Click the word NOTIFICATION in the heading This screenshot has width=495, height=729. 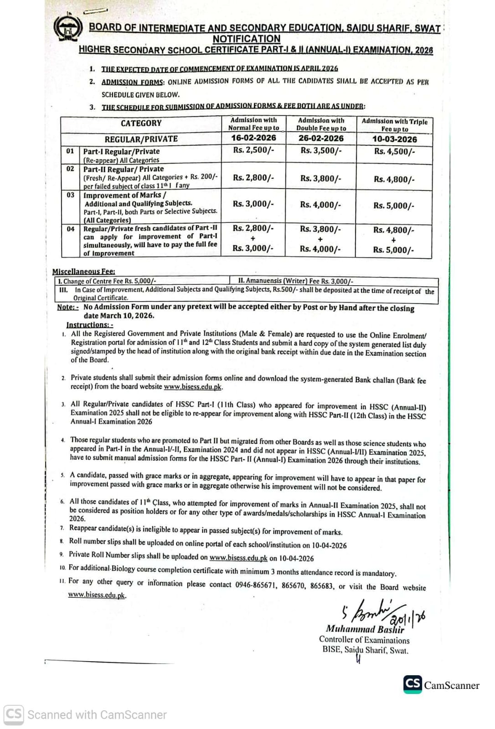(246, 39)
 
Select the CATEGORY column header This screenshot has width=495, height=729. (141, 123)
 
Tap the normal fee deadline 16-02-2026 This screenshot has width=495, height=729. (253, 138)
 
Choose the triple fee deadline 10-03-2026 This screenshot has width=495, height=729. (394, 139)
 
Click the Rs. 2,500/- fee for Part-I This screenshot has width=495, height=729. (253, 150)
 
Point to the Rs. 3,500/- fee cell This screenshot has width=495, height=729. (321, 151)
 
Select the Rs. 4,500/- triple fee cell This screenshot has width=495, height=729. (394, 152)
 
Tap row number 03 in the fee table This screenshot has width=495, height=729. (70, 195)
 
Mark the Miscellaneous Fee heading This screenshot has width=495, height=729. (83, 272)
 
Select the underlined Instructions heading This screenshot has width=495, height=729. (89, 325)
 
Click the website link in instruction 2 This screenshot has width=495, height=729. (193, 387)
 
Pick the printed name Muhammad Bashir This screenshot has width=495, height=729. (365, 630)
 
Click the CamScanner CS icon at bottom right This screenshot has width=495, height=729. (412, 684)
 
